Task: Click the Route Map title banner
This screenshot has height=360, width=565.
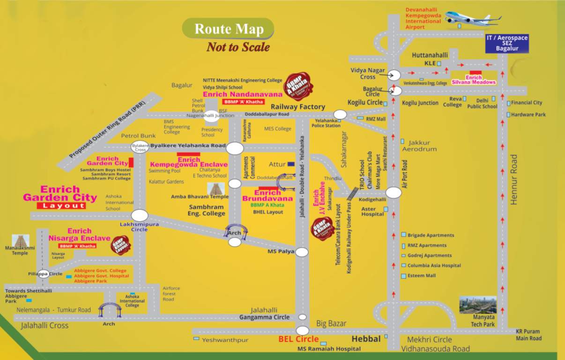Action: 228,29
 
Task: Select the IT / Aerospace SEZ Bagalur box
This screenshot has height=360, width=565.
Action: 507,43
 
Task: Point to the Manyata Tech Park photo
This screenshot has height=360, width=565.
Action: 477,305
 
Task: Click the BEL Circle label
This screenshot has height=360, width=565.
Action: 298,339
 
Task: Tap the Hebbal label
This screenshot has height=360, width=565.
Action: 366,338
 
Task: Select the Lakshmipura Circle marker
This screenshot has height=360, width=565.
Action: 139,216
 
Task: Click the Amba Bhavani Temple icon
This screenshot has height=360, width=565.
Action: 216,189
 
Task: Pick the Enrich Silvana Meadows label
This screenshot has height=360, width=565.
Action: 474,80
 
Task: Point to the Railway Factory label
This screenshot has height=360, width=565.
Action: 298,107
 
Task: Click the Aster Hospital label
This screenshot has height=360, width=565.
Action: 372,211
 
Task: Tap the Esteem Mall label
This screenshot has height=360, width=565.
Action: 422,276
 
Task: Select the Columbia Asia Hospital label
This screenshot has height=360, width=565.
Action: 434,265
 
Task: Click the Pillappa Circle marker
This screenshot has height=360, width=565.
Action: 44,274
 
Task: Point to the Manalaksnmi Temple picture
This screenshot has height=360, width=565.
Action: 20,241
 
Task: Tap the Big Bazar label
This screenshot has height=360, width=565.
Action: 331,323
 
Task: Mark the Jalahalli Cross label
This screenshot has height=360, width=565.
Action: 45,325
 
